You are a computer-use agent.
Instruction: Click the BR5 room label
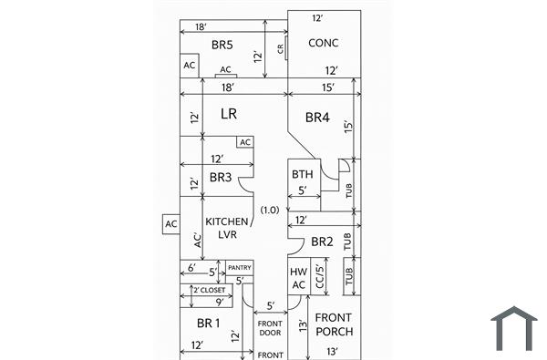[x=222, y=45]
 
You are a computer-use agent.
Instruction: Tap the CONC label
[x=324, y=43]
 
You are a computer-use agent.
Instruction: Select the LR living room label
[x=230, y=114]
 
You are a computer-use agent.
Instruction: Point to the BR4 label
[x=317, y=118]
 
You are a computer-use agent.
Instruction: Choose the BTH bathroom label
[x=303, y=174]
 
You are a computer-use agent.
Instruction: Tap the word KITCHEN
[x=226, y=221]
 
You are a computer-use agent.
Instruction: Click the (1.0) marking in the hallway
[x=269, y=210]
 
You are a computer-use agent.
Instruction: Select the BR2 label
[x=322, y=242]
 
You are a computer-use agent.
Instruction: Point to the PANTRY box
[x=239, y=267]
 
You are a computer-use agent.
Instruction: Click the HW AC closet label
[x=298, y=278]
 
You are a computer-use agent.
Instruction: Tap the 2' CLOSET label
[x=209, y=290]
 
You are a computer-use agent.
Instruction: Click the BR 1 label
[x=208, y=323]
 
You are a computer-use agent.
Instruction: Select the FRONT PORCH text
[x=334, y=324]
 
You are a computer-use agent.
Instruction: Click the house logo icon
[x=513, y=329]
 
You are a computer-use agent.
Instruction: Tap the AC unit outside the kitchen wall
[x=170, y=223]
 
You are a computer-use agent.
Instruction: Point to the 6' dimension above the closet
[x=191, y=268]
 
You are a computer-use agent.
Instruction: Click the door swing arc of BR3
[x=246, y=184]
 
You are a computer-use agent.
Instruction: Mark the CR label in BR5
[x=280, y=47]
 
